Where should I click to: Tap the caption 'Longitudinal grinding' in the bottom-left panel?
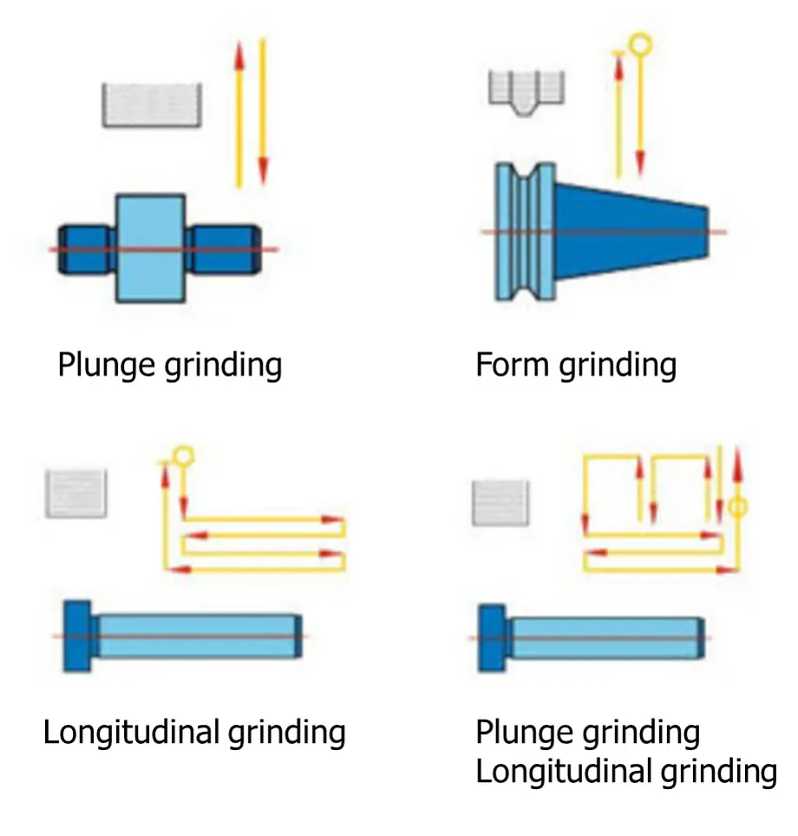[x=194, y=732]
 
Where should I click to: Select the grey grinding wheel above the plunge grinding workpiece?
[x=152, y=105]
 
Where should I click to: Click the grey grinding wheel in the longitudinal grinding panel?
[x=75, y=493]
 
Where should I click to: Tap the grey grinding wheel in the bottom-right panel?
[x=500, y=502]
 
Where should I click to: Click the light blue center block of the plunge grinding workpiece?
[x=151, y=247]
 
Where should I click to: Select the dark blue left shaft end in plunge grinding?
[x=86, y=249]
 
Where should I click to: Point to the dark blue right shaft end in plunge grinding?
[x=224, y=249]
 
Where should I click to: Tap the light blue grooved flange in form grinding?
[x=524, y=231]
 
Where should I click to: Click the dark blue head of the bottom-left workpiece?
[x=77, y=635]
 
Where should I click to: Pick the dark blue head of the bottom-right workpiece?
[x=493, y=637]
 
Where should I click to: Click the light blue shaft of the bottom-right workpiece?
[x=605, y=637]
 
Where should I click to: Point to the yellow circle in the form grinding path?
[x=639, y=42]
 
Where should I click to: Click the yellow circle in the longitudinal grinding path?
[x=183, y=454]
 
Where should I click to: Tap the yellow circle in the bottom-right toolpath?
[x=737, y=506]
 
